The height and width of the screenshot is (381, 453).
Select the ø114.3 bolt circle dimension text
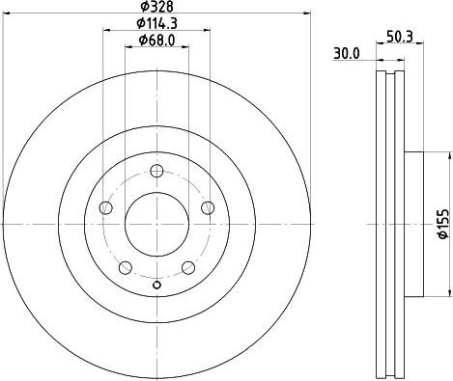click(156, 23)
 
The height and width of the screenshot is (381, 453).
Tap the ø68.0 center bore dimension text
click(156, 40)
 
